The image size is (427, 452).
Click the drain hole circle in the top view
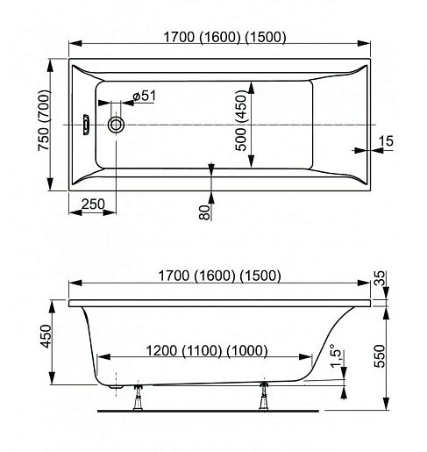[x=116, y=125]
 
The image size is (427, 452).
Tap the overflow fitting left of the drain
[x=86, y=125]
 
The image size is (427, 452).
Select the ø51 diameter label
[x=144, y=96]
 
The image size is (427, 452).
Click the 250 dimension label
[x=93, y=204]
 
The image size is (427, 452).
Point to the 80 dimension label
[x=204, y=212]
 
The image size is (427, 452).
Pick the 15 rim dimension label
[x=386, y=141]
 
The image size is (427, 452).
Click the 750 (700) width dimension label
[x=44, y=120]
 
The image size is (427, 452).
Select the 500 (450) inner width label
[x=241, y=120]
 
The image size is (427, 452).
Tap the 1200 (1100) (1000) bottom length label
[x=207, y=350]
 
